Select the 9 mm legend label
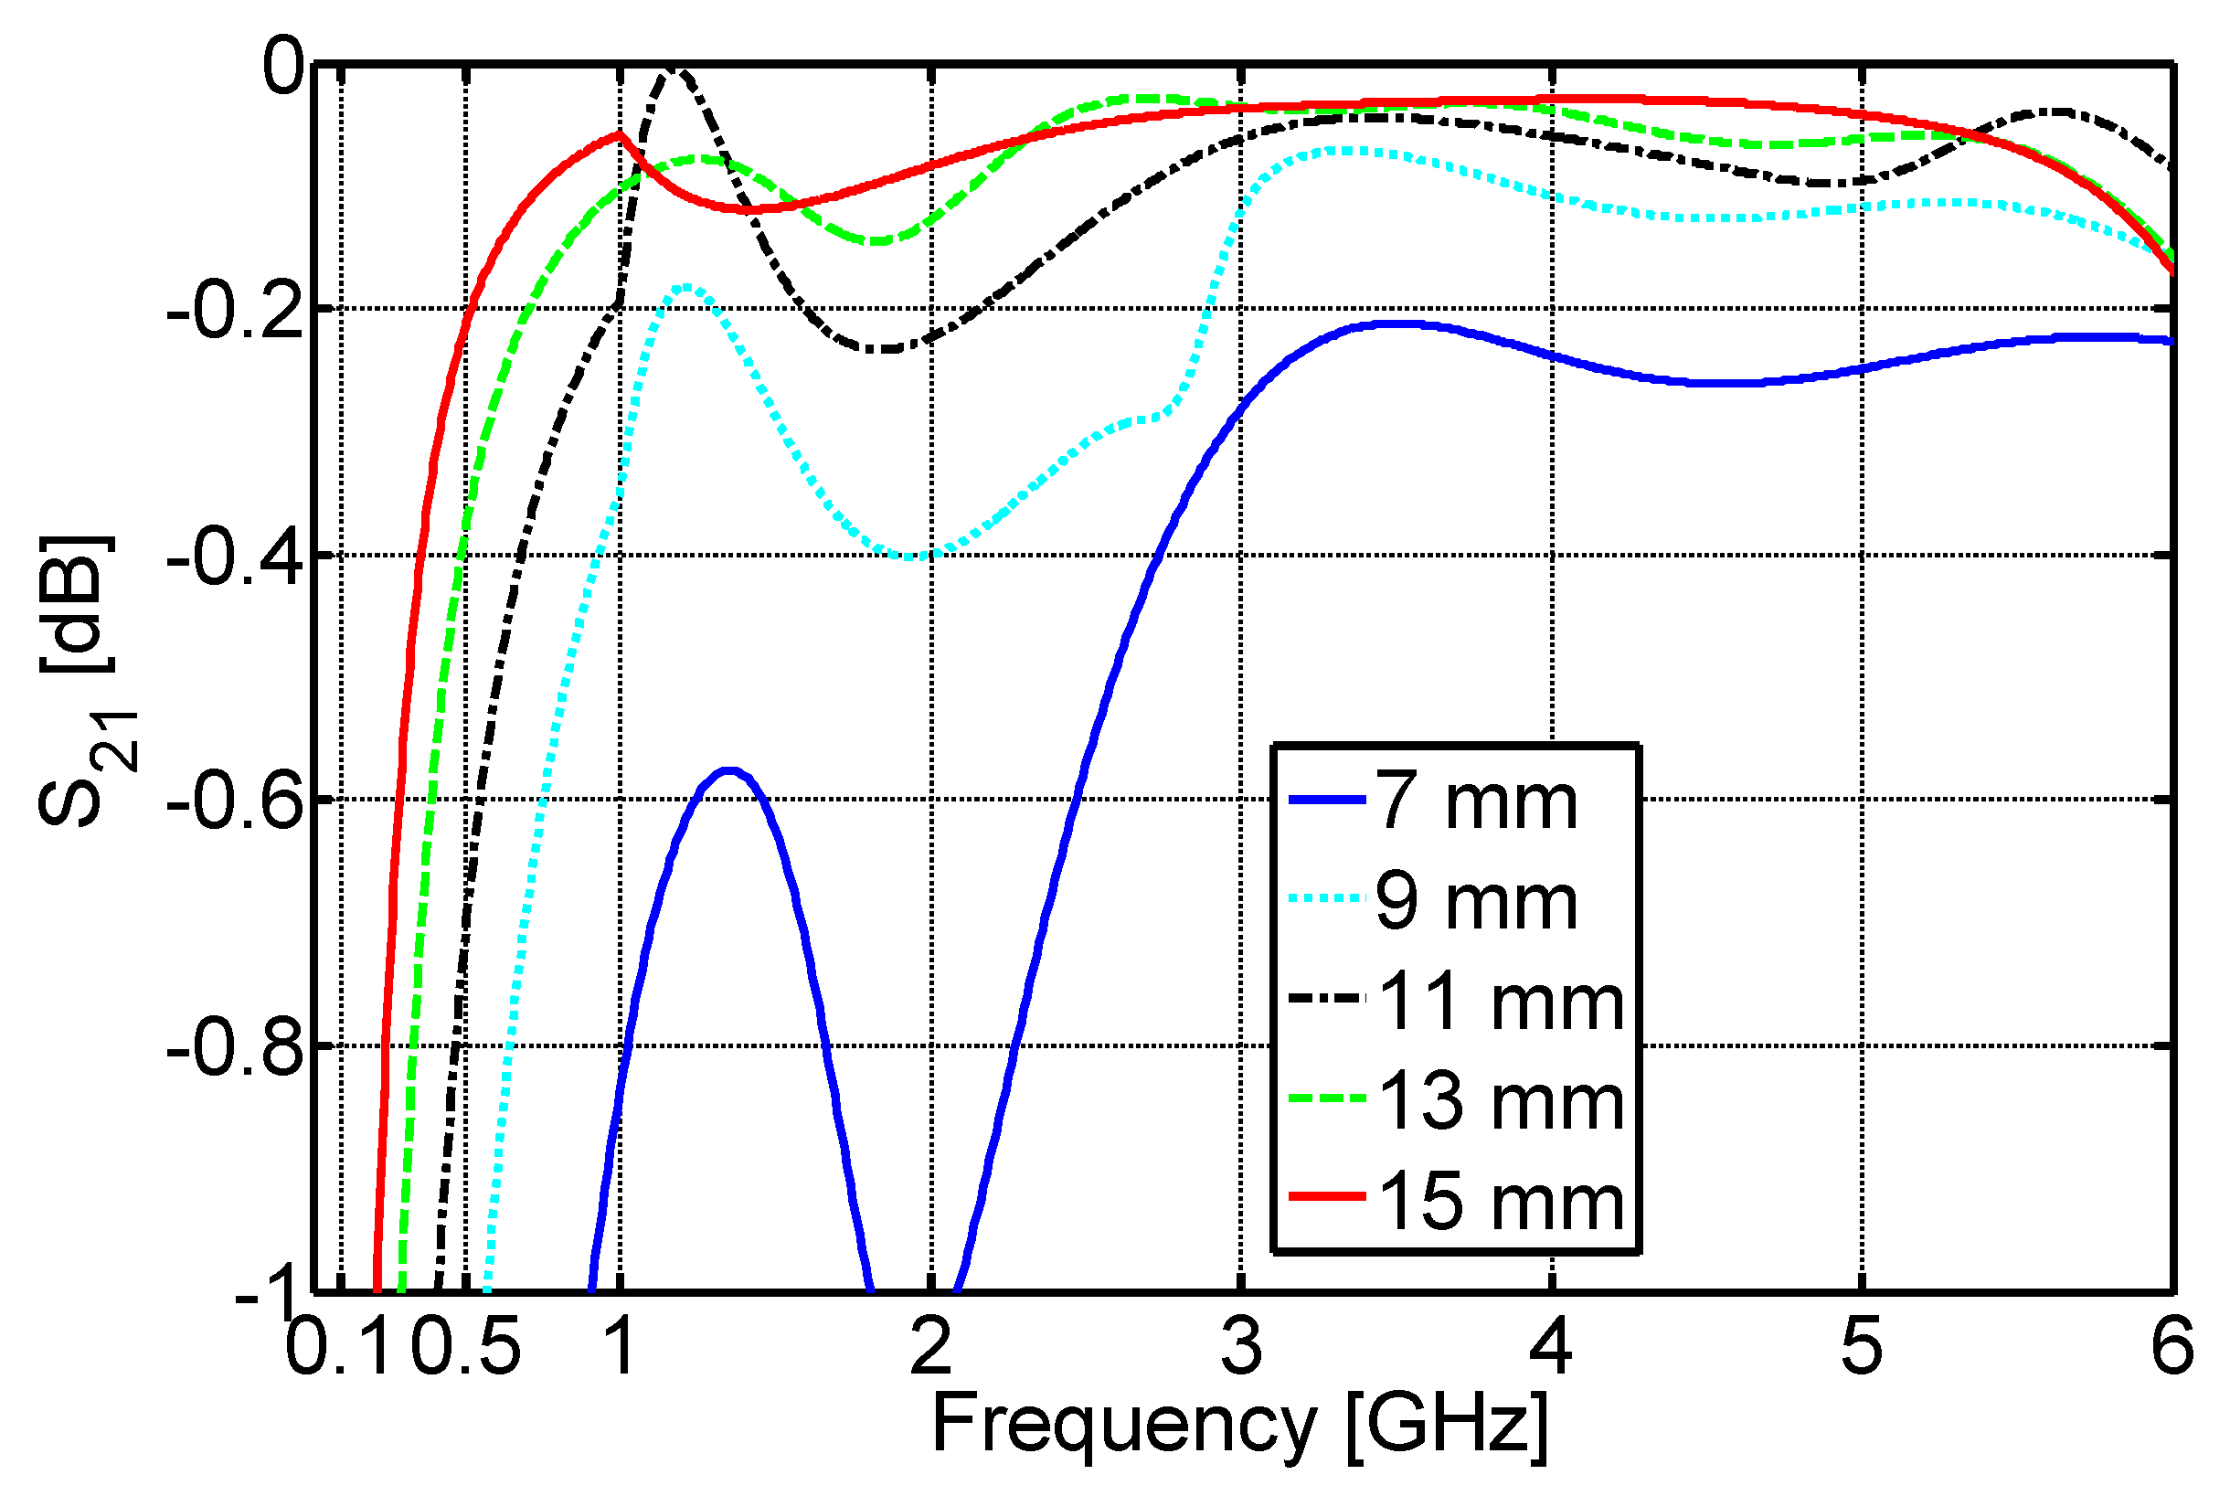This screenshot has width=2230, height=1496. click(1475, 902)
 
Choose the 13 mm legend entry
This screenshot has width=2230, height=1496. click(1499, 1102)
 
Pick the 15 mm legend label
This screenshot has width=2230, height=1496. click(1499, 1202)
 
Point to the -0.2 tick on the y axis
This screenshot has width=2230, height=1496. click(234, 310)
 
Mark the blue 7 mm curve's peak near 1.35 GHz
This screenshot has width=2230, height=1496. click(729, 770)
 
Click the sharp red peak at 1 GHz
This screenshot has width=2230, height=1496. click(620, 134)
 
